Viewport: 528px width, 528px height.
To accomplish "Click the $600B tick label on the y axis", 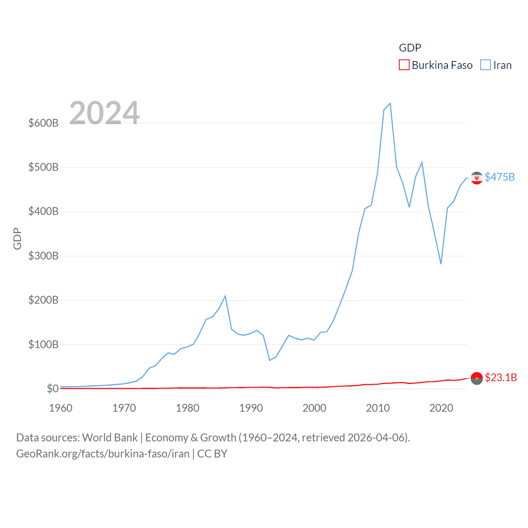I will pos(43,123).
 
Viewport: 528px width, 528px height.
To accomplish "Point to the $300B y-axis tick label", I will pos(43,256).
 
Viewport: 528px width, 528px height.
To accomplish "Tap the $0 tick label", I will pos(52,389).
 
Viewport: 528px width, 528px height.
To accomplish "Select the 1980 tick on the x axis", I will pos(187,408).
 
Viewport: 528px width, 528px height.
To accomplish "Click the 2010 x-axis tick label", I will pos(377,408).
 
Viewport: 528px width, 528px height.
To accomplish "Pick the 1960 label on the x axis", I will pos(61,408).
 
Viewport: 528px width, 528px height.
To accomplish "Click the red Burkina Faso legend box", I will pos(404,65).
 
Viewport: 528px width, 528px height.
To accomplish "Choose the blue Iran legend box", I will pos(486,65).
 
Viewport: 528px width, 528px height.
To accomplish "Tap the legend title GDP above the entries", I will pos(410,48).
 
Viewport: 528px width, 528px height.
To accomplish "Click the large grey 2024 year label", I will pos(104,113).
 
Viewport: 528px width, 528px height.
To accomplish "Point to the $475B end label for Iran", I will pos(500,177).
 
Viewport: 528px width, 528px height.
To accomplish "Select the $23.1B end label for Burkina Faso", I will pos(501,377).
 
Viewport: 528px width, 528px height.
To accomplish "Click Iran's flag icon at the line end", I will pos(476,178).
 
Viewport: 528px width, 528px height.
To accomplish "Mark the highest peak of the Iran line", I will pos(390,103).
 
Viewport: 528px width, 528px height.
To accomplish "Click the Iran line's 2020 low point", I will pos(441,264).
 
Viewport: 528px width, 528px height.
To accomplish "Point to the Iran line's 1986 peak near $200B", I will pos(225,296).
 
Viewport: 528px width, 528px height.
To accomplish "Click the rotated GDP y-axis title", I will pos(17,238).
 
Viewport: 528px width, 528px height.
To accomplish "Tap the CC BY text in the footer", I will pos(212,454).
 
